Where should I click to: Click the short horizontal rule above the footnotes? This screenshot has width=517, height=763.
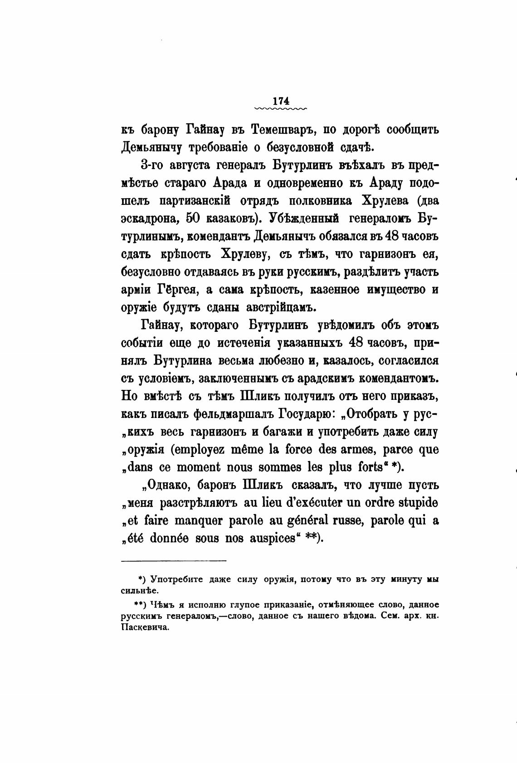[174, 561]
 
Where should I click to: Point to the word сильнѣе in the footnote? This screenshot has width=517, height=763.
[140, 591]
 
